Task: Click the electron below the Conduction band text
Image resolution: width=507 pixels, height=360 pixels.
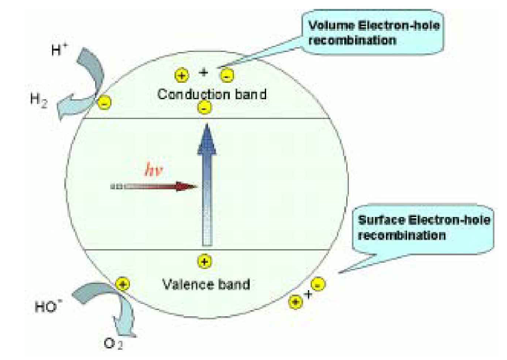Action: click(x=203, y=108)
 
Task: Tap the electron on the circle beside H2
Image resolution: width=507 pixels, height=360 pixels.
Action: click(x=104, y=103)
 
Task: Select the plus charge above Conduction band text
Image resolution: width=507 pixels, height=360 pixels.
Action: click(x=181, y=75)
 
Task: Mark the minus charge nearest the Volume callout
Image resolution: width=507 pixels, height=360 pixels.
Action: click(x=228, y=75)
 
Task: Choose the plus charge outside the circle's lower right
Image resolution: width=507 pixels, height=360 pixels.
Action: click(x=296, y=300)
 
